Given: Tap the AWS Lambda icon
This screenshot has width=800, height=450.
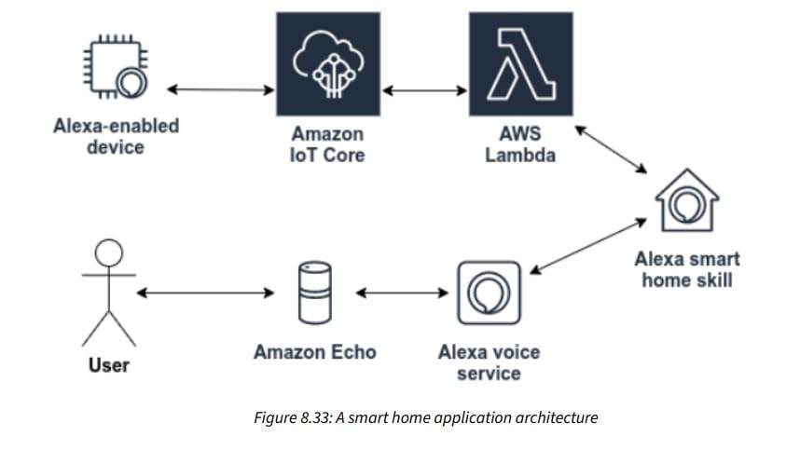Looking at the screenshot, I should pos(520,63).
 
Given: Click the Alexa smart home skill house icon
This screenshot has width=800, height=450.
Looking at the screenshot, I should pos(686,199).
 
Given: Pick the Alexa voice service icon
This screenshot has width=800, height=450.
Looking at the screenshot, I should pos(489,293).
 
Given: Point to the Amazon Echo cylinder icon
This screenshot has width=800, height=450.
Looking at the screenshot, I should pos(314,292).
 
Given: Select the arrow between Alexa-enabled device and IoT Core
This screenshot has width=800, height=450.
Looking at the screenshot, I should pos(222,90).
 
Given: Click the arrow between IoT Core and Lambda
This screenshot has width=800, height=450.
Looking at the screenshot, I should pos(424,90).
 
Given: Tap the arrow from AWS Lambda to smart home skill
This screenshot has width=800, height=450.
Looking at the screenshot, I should pos(610,149).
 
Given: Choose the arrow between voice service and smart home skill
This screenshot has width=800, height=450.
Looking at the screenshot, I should pos(588,245).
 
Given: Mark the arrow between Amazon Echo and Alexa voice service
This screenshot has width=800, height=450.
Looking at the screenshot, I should pos(403,293).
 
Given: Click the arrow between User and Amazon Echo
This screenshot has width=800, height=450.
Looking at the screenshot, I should pos(205,293).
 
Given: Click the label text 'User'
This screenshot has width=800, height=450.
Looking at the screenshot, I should pos(109,364).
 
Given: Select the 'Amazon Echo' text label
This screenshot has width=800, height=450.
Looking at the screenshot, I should pos(315,352).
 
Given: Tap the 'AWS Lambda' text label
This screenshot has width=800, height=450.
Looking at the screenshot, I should pos(519,144).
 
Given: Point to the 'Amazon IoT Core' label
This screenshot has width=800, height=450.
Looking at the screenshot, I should pos(328,144).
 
